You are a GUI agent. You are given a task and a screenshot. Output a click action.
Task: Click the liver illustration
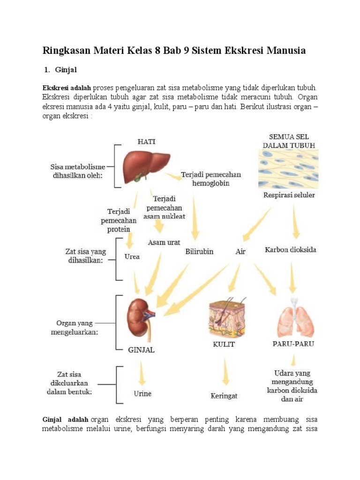click(x=145, y=167)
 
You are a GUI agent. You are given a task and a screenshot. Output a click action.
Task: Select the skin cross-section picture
click(x=227, y=318)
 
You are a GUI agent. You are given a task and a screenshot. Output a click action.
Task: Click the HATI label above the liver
click(x=147, y=142)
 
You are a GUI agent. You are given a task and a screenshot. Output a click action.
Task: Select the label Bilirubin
click(x=199, y=251)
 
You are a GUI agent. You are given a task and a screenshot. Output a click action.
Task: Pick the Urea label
click(x=132, y=256)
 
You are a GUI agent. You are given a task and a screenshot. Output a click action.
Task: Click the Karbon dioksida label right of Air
click(x=291, y=249)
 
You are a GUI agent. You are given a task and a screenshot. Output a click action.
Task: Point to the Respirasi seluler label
click(x=289, y=195)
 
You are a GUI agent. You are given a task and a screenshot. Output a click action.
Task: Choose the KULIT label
click(x=224, y=344)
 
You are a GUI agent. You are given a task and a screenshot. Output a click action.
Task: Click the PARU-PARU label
click(x=293, y=344)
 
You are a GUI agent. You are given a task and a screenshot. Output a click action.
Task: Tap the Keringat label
click(x=224, y=396)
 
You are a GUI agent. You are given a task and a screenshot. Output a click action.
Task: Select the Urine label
click(x=142, y=393)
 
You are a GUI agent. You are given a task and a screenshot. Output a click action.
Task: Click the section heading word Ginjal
click(x=66, y=70)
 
